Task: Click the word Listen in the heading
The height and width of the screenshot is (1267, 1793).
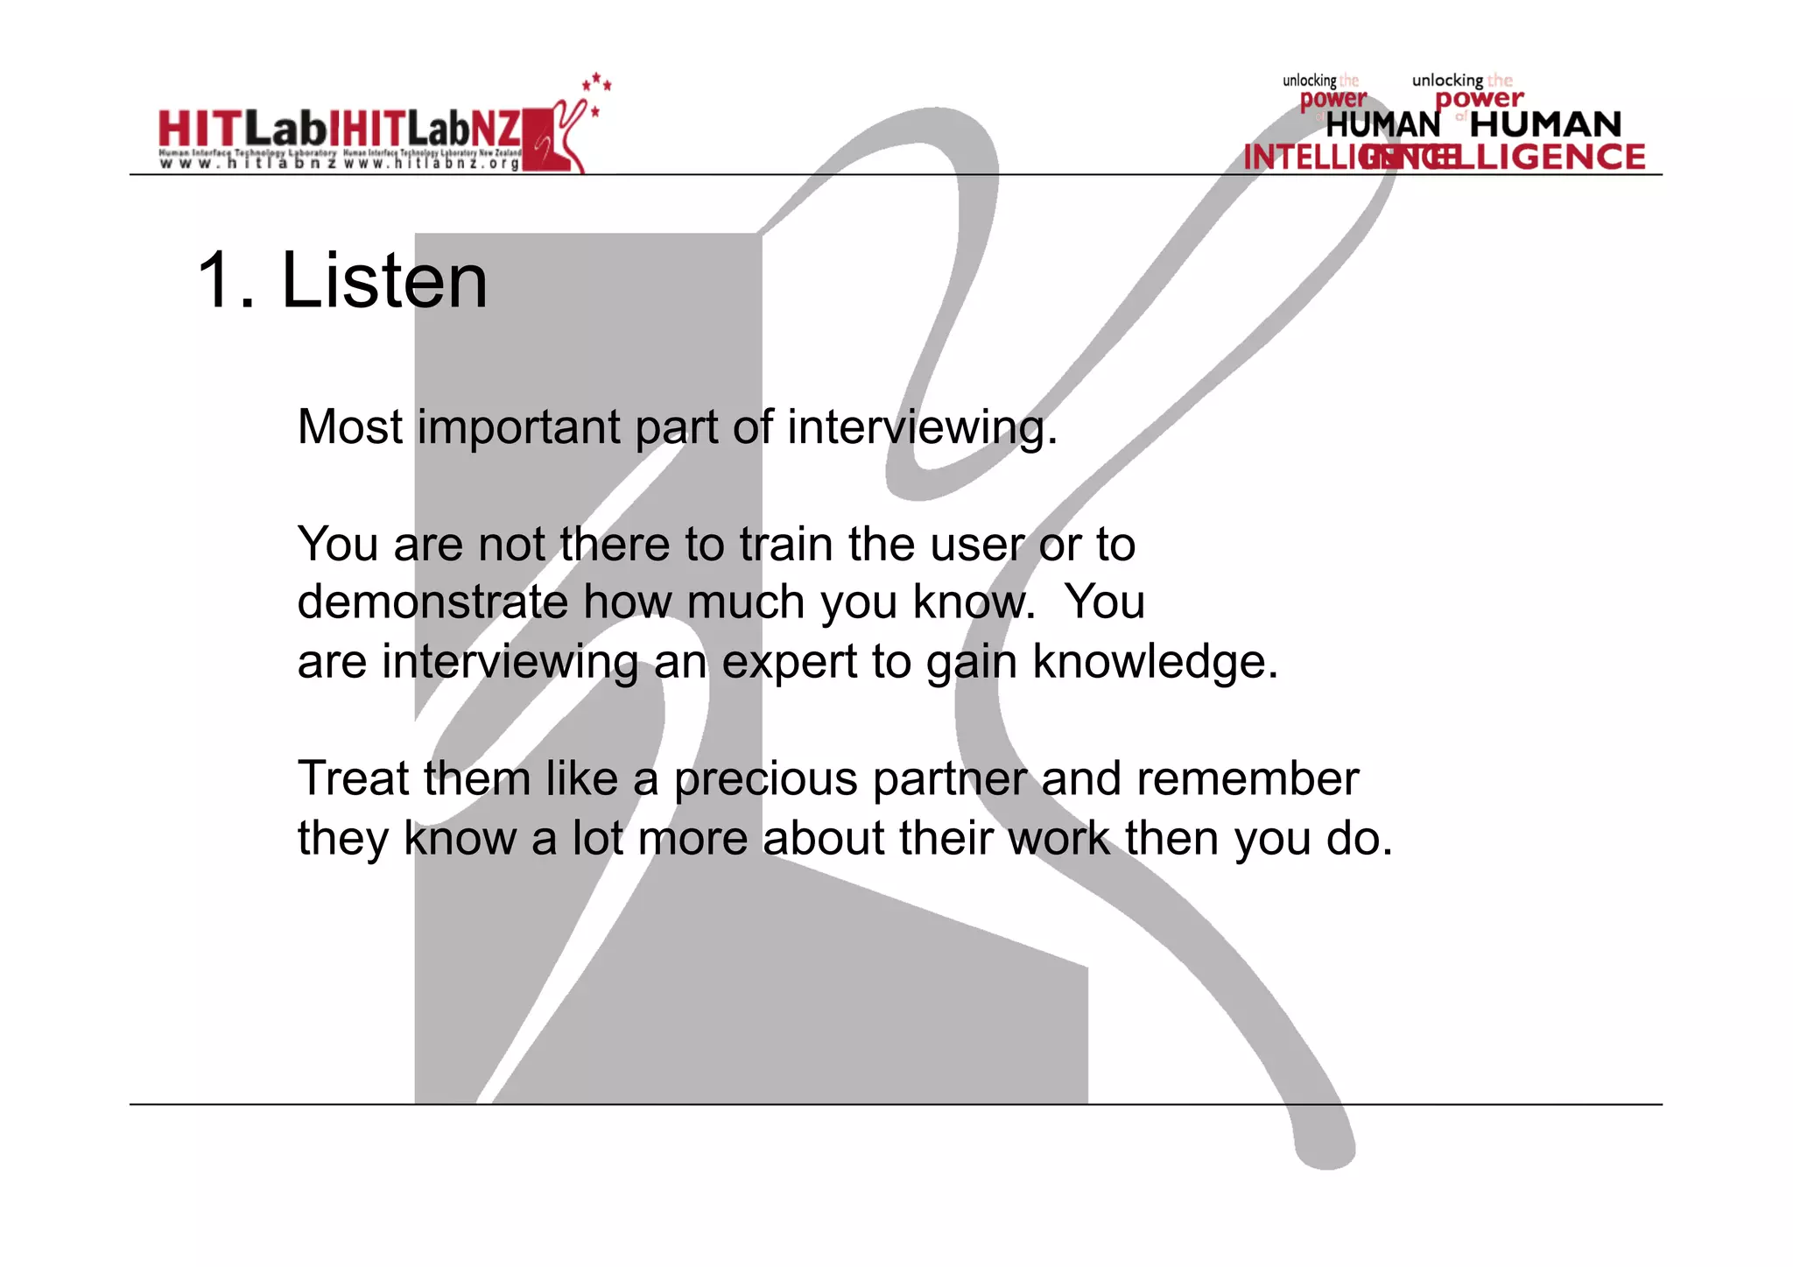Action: pos(383,281)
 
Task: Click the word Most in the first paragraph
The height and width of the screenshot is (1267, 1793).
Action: pos(350,427)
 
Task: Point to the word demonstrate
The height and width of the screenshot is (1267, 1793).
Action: pos(432,602)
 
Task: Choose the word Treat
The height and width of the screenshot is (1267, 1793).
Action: pos(353,778)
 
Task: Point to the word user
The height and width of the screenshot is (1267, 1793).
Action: pos(977,546)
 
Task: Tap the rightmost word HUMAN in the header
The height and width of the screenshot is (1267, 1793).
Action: pos(1545,124)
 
